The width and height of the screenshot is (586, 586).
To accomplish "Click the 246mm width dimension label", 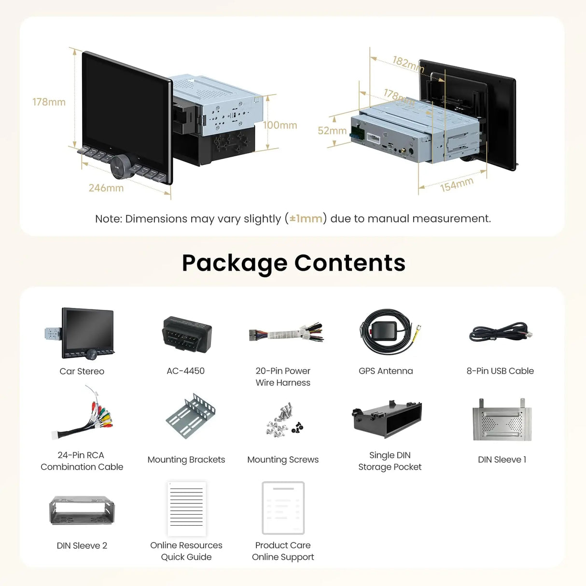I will [x=106, y=188].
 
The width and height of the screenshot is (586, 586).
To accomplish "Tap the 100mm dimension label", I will [x=280, y=125].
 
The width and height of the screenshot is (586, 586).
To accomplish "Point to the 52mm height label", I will [x=332, y=131].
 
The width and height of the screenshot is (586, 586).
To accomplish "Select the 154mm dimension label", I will [x=457, y=184].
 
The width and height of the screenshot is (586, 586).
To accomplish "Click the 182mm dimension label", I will [x=407, y=63].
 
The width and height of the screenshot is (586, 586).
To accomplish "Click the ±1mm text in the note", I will [x=306, y=219].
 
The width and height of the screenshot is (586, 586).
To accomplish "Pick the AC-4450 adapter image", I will [x=187, y=335].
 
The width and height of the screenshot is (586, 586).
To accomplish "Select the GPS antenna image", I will [x=387, y=332].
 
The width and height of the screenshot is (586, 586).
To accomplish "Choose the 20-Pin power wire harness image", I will [x=286, y=333].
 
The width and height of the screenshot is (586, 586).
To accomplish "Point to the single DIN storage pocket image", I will [x=387, y=419].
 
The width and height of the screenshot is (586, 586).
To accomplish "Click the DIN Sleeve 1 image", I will [x=502, y=420].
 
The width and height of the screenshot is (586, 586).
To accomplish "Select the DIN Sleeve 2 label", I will [x=82, y=545].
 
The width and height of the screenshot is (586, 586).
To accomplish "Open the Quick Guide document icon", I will [x=187, y=508].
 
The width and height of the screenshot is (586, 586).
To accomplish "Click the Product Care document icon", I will [x=283, y=507].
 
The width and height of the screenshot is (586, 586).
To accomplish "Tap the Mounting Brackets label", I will [x=186, y=460].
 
